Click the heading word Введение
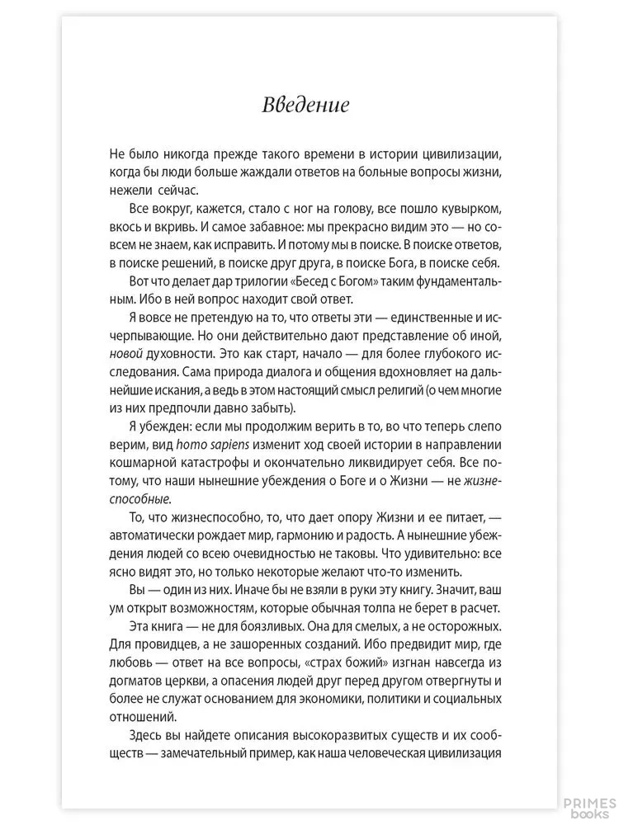pyautogui.click(x=305, y=106)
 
